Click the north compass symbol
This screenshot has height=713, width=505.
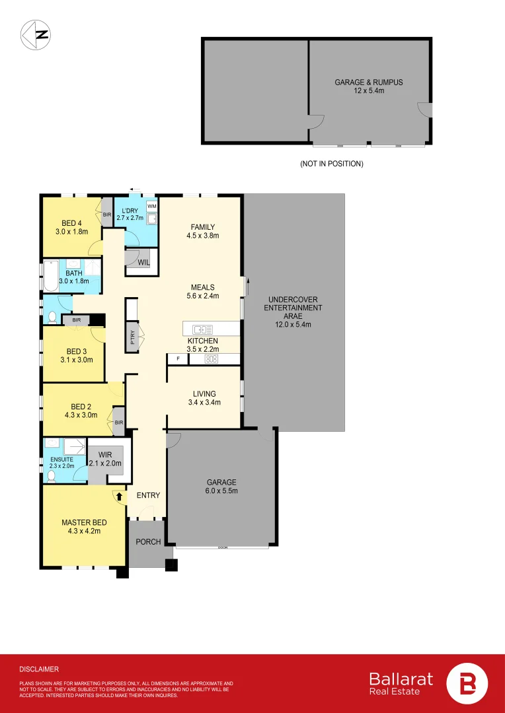[37, 35]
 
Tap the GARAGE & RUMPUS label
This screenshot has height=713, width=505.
[368, 86]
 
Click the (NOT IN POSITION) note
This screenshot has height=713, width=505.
[331, 164]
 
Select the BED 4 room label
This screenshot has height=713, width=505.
[71, 226]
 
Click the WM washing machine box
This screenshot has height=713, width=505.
[151, 207]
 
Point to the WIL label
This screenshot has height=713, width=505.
[143, 263]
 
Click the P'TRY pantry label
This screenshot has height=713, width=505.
[133, 339]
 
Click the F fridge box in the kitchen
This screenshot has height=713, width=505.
[177, 359]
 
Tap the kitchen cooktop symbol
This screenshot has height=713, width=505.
[212, 359]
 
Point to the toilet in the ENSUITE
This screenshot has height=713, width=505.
[51, 474]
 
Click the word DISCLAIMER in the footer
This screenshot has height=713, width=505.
[39, 669]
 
